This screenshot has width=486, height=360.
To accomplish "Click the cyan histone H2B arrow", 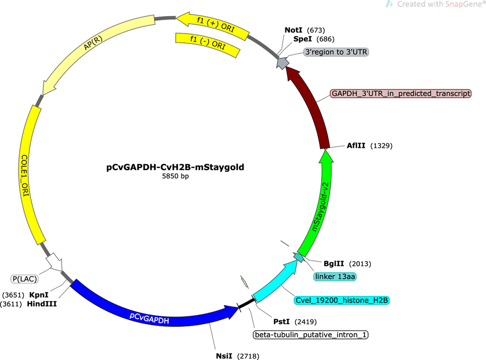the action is point(275,281).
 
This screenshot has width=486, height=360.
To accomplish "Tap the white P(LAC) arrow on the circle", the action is point(55,261).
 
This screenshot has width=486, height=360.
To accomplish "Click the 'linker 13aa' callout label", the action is point(335,277).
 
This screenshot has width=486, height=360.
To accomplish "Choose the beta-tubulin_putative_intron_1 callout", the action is point(311,335).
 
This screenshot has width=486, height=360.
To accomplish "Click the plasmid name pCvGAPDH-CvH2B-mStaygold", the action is point(175,167).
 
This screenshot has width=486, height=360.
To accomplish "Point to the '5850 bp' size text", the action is point(175,176).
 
